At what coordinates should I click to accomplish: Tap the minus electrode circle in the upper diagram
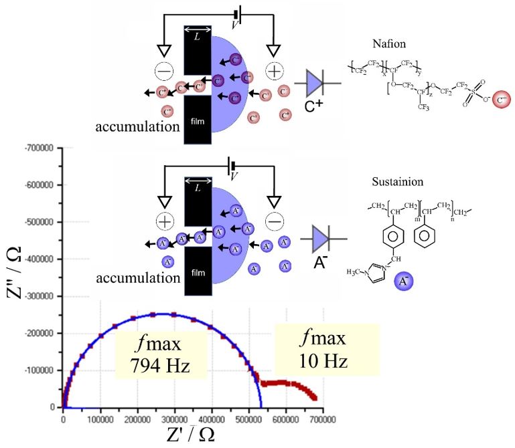point(163,70)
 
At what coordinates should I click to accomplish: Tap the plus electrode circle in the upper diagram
point(273,70)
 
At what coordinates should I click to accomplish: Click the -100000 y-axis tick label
point(40,370)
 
